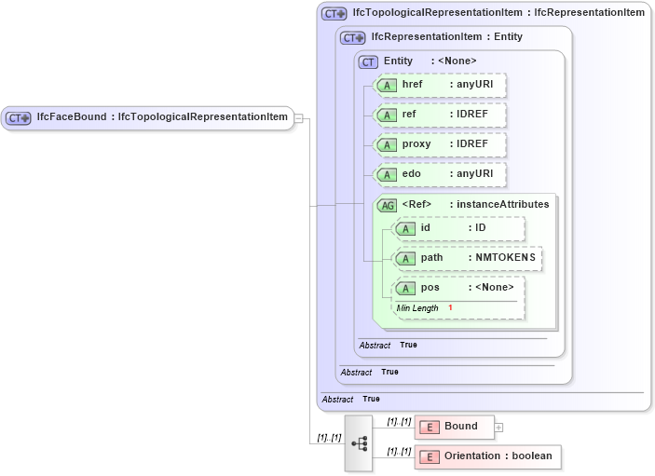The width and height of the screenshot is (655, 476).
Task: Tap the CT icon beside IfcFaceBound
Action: tap(19, 118)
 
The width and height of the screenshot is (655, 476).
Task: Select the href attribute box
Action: tap(440, 85)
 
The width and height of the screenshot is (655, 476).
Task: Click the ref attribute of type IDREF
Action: tap(440, 115)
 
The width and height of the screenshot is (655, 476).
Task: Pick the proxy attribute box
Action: tap(440, 145)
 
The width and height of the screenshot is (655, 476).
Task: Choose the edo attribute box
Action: tap(440, 174)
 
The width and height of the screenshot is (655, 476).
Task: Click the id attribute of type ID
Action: tap(458, 228)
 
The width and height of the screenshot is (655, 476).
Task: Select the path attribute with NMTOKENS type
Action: tap(468, 258)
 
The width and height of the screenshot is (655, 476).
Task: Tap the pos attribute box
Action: tap(458, 288)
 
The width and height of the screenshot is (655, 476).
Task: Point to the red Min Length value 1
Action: tap(450, 307)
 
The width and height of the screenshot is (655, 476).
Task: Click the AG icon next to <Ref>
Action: tap(384, 205)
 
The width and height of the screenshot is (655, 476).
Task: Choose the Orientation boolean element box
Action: tap(487, 456)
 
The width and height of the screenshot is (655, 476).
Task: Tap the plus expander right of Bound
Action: tap(498, 428)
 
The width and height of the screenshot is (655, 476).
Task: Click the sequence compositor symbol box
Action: tap(358, 442)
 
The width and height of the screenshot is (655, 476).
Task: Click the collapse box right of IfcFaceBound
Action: tap(298, 117)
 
